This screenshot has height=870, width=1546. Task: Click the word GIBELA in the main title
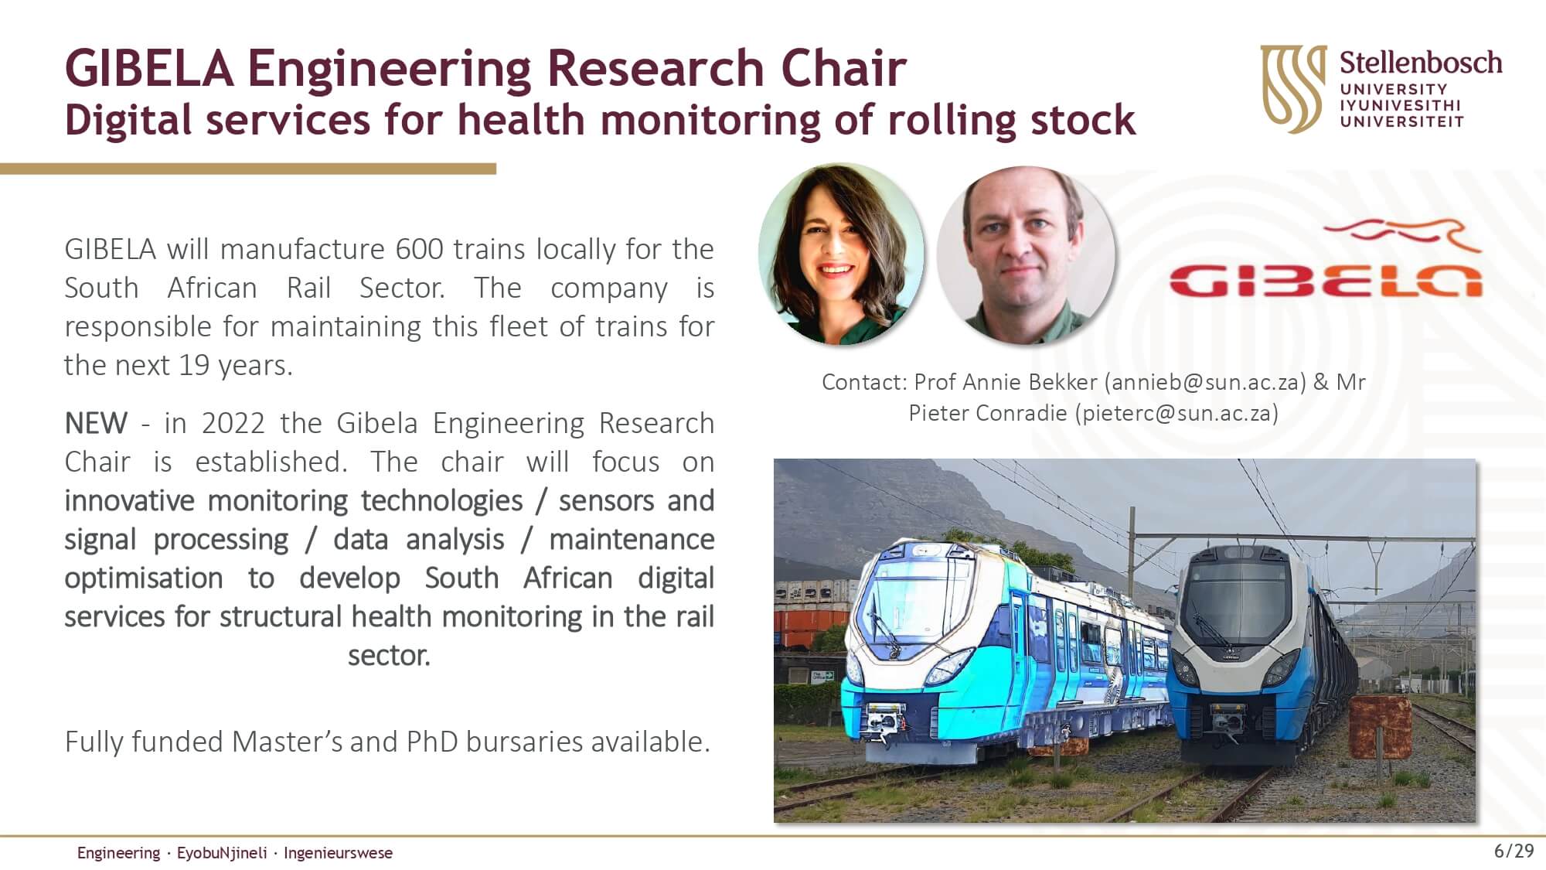(149, 68)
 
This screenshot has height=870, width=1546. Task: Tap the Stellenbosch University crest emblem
(1293, 88)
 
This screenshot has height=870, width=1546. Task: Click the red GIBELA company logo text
(1325, 280)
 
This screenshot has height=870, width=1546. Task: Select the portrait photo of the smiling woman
(841, 254)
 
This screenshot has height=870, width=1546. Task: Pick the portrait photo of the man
(1026, 255)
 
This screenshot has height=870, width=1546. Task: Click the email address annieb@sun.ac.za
(1205, 382)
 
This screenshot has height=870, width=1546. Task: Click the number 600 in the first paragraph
(420, 249)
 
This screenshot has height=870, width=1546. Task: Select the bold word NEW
(96, 423)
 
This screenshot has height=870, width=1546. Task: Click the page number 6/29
(1514, 851)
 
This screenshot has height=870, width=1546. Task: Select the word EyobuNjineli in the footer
(222, 853)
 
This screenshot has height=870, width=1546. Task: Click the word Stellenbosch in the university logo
(1421, 63)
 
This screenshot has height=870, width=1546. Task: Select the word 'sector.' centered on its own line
(389, 655)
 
